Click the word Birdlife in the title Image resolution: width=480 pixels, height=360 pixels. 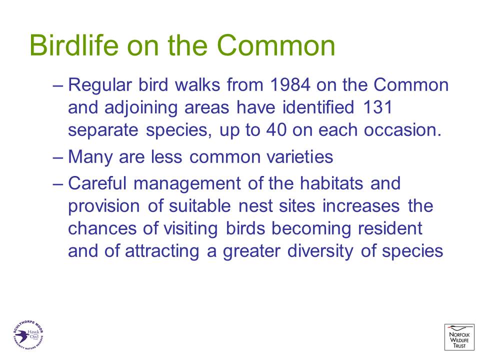(74, 45)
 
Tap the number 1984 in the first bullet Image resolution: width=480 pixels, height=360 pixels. (289, 85)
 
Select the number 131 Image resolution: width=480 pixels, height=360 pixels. (377, 107)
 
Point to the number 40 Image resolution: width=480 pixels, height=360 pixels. (276, 130)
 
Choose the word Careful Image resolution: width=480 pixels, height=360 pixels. (97, 183)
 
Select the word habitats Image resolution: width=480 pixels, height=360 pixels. (331, 183)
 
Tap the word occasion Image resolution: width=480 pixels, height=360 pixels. (402, 130)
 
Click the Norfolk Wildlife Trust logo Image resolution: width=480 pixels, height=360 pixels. (459, 337)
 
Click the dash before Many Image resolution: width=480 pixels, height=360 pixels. (58, 157)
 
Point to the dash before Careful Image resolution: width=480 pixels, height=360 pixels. (58, 184)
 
